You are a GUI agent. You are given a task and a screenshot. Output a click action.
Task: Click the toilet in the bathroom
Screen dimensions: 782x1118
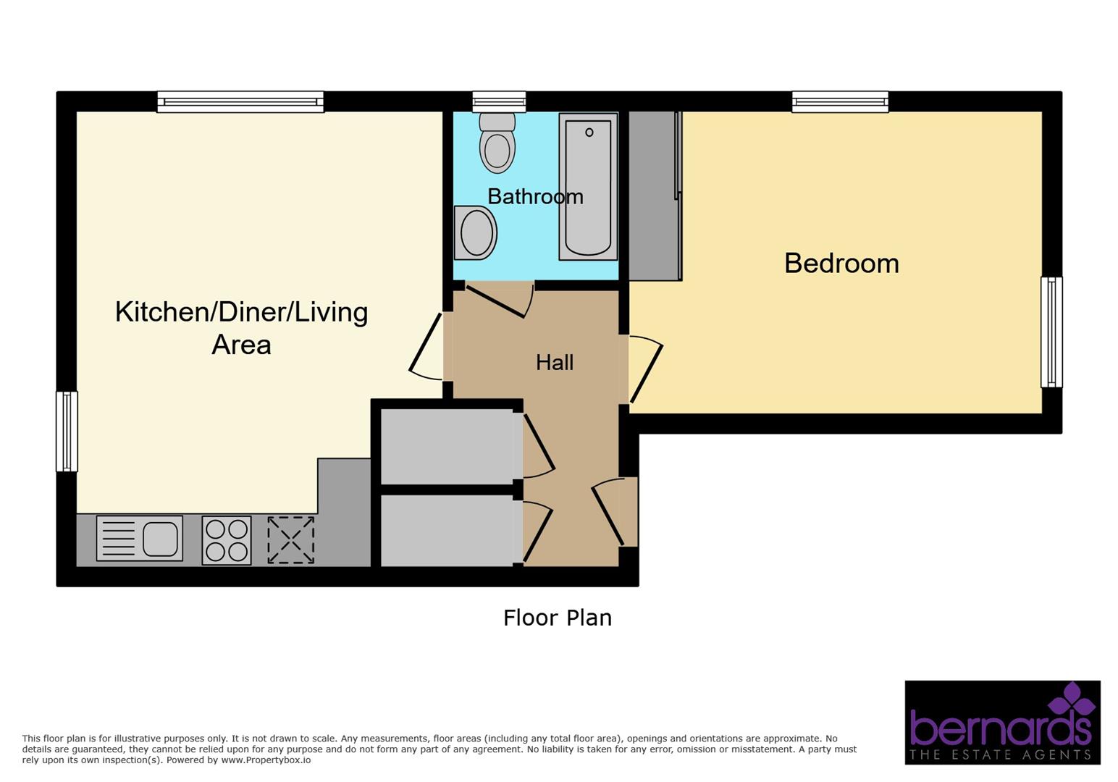tap(497, 143)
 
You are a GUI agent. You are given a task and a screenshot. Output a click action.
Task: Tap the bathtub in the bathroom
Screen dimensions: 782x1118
tap(588, 187)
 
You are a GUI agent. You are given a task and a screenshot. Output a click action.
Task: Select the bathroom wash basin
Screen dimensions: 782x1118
tap(475, 233)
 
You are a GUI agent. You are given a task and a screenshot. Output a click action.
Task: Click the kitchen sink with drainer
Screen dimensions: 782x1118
tap(139, 539)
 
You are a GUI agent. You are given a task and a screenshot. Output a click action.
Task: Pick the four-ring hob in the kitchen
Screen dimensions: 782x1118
tap(227, 540)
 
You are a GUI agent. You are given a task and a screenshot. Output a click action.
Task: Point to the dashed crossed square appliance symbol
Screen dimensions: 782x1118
tap(290, 540)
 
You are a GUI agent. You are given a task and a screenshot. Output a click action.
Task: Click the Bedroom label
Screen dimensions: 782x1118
tap(841, 263)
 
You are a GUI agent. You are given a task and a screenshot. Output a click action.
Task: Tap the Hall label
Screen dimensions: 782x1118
tap(555, 362)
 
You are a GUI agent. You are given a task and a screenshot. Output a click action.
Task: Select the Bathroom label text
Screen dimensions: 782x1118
tap(535, 196)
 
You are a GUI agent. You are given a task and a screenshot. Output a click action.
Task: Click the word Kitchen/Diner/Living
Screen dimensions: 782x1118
tap(241, 312)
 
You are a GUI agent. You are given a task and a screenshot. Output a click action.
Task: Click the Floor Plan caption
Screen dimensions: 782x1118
tap(558, 618)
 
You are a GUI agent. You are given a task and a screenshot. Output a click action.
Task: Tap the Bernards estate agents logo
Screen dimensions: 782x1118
tap(1002, 722)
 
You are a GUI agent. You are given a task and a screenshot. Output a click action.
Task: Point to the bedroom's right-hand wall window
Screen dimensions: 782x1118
tap(1051, 332)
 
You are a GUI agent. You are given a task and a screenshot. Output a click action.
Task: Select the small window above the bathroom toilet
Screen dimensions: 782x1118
tap(499, 102)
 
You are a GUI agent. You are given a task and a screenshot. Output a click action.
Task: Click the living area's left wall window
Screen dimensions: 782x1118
tap(67, 432)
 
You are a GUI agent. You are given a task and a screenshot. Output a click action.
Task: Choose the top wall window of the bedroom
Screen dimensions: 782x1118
tap(840, 102)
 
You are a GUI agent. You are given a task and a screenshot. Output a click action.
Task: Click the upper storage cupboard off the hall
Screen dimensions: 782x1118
tap(447, 447)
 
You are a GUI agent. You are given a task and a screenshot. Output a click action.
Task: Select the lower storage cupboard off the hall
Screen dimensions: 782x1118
tap(447, 530)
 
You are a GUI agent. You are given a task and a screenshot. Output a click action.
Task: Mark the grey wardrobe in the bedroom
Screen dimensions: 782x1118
tap(654, 195)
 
